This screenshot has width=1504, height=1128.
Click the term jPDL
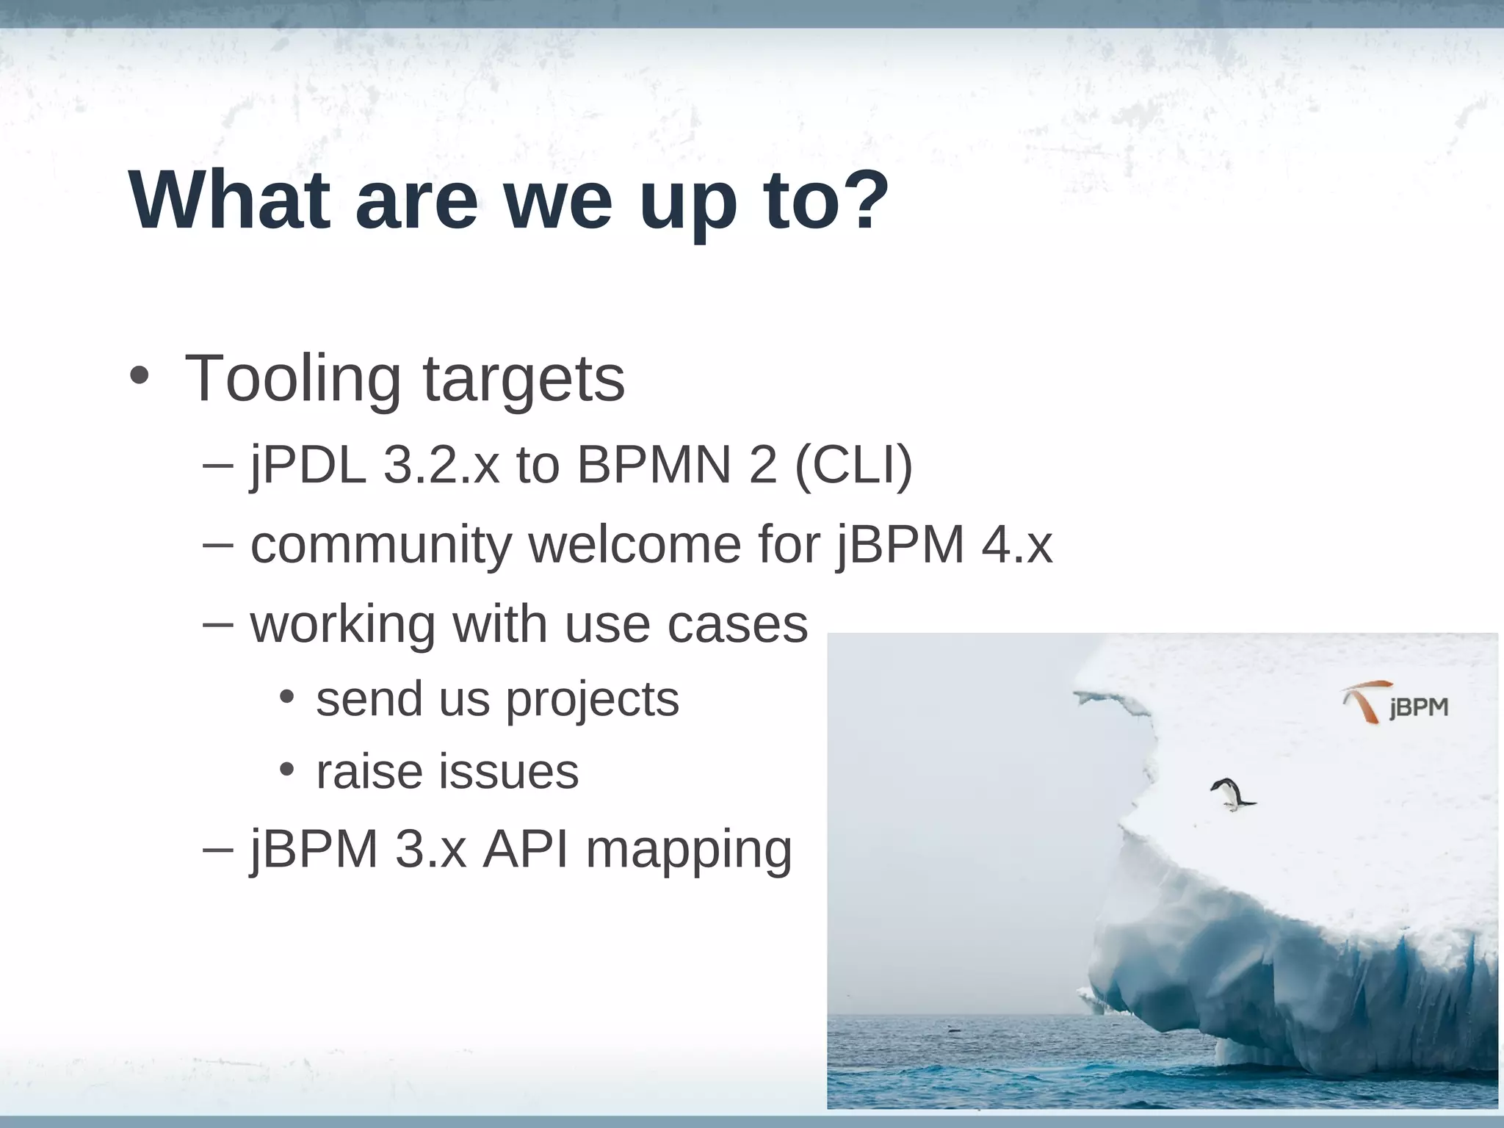click(x=308, y=466)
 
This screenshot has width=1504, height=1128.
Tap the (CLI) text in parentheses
click(x=853, y=465)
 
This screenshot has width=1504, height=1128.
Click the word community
click(x=381, y=545)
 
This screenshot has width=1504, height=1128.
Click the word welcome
click(x=634, y=545)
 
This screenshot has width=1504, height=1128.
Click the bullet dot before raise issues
click(x=286, y=770)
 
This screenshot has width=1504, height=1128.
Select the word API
click(x=525, y=850)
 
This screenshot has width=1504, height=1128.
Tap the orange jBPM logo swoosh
click(x=1365, y=701)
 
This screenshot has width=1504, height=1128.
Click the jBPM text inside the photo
click(x=1418, y=709)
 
